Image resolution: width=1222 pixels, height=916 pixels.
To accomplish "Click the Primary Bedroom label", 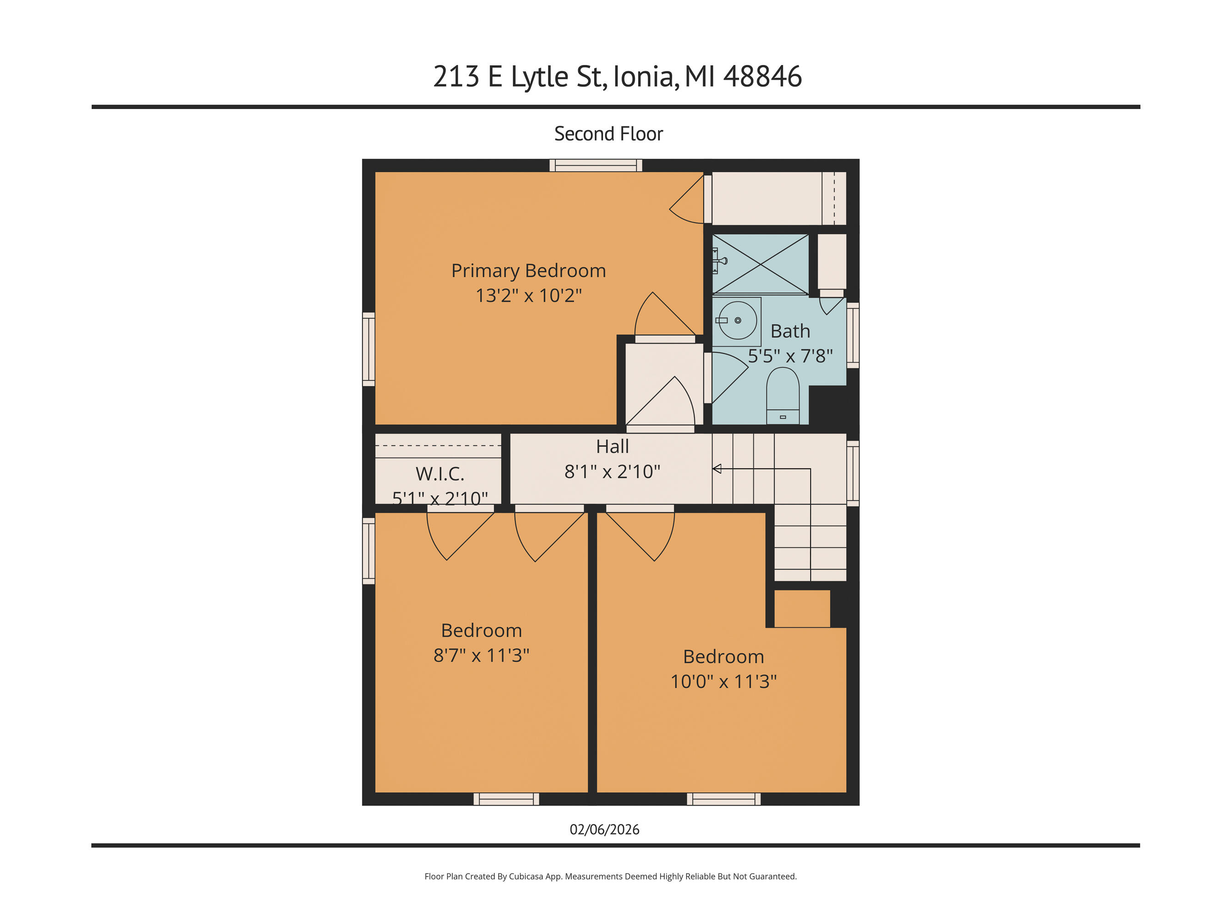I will [x=528, y=271].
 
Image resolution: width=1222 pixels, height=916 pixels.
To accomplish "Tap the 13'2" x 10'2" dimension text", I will [x=528, y=295].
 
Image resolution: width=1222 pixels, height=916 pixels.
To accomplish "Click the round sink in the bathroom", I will [x=738, y=320].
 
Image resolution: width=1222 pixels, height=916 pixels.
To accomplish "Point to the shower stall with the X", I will [x=761, y=264].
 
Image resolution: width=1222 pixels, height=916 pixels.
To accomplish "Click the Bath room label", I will [x=790, y=331].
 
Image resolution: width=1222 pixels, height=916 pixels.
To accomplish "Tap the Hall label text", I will [x=612, y=446].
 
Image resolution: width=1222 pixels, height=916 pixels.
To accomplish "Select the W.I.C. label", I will [x=440, y=474].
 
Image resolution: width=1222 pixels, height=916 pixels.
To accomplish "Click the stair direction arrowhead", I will [x=717, y=469].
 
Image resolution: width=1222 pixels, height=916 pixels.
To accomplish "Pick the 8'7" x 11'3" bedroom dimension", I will [x=481, y=655].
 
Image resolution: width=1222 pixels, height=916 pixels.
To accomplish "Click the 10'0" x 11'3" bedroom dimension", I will [x=723, y=682].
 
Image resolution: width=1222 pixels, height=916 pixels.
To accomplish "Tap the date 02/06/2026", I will [x=604, y=829].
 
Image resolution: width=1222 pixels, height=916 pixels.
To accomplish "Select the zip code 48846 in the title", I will [x=762, y=77].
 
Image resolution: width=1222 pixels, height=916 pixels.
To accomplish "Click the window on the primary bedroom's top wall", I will [x=596, y=165].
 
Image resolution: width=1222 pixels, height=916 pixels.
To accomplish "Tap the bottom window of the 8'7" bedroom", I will [x=506, y=799].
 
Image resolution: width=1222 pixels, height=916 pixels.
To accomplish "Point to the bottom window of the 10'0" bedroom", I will [x=723, y=799].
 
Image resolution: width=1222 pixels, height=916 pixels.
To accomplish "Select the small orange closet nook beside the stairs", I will [x=801, y=609].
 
